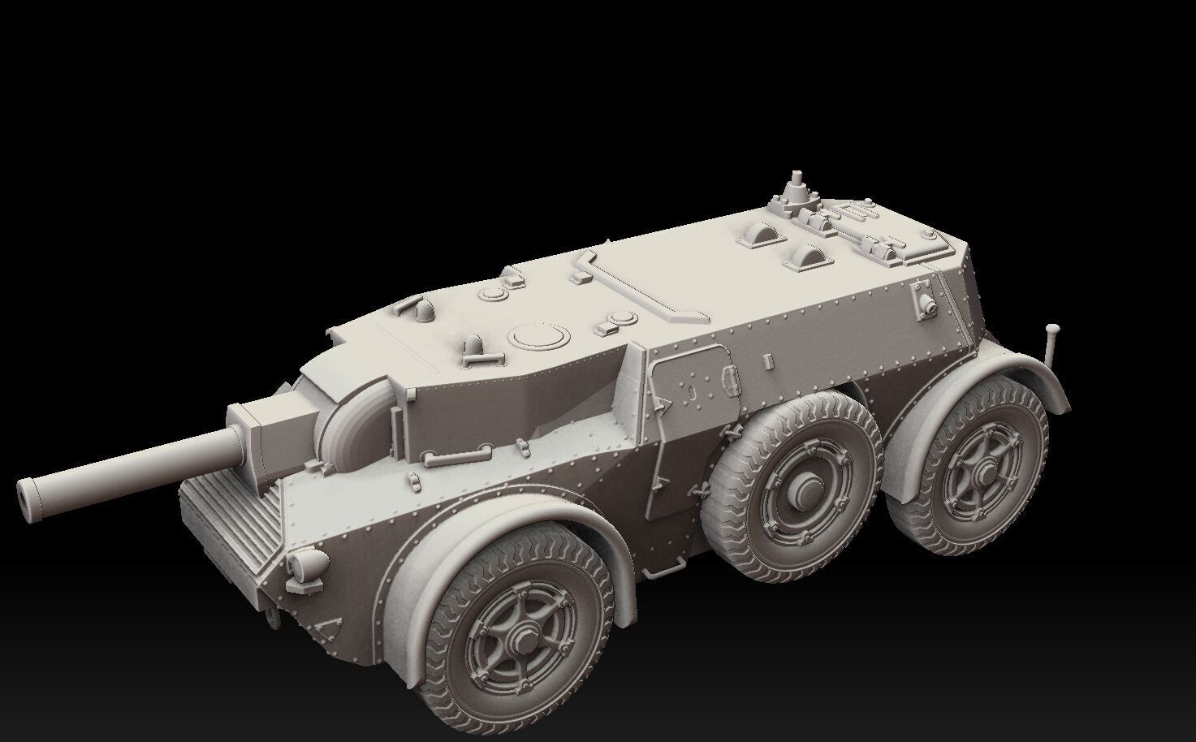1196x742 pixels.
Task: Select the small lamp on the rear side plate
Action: (925, 301)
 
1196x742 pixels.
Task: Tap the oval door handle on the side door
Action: (692, 391)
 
